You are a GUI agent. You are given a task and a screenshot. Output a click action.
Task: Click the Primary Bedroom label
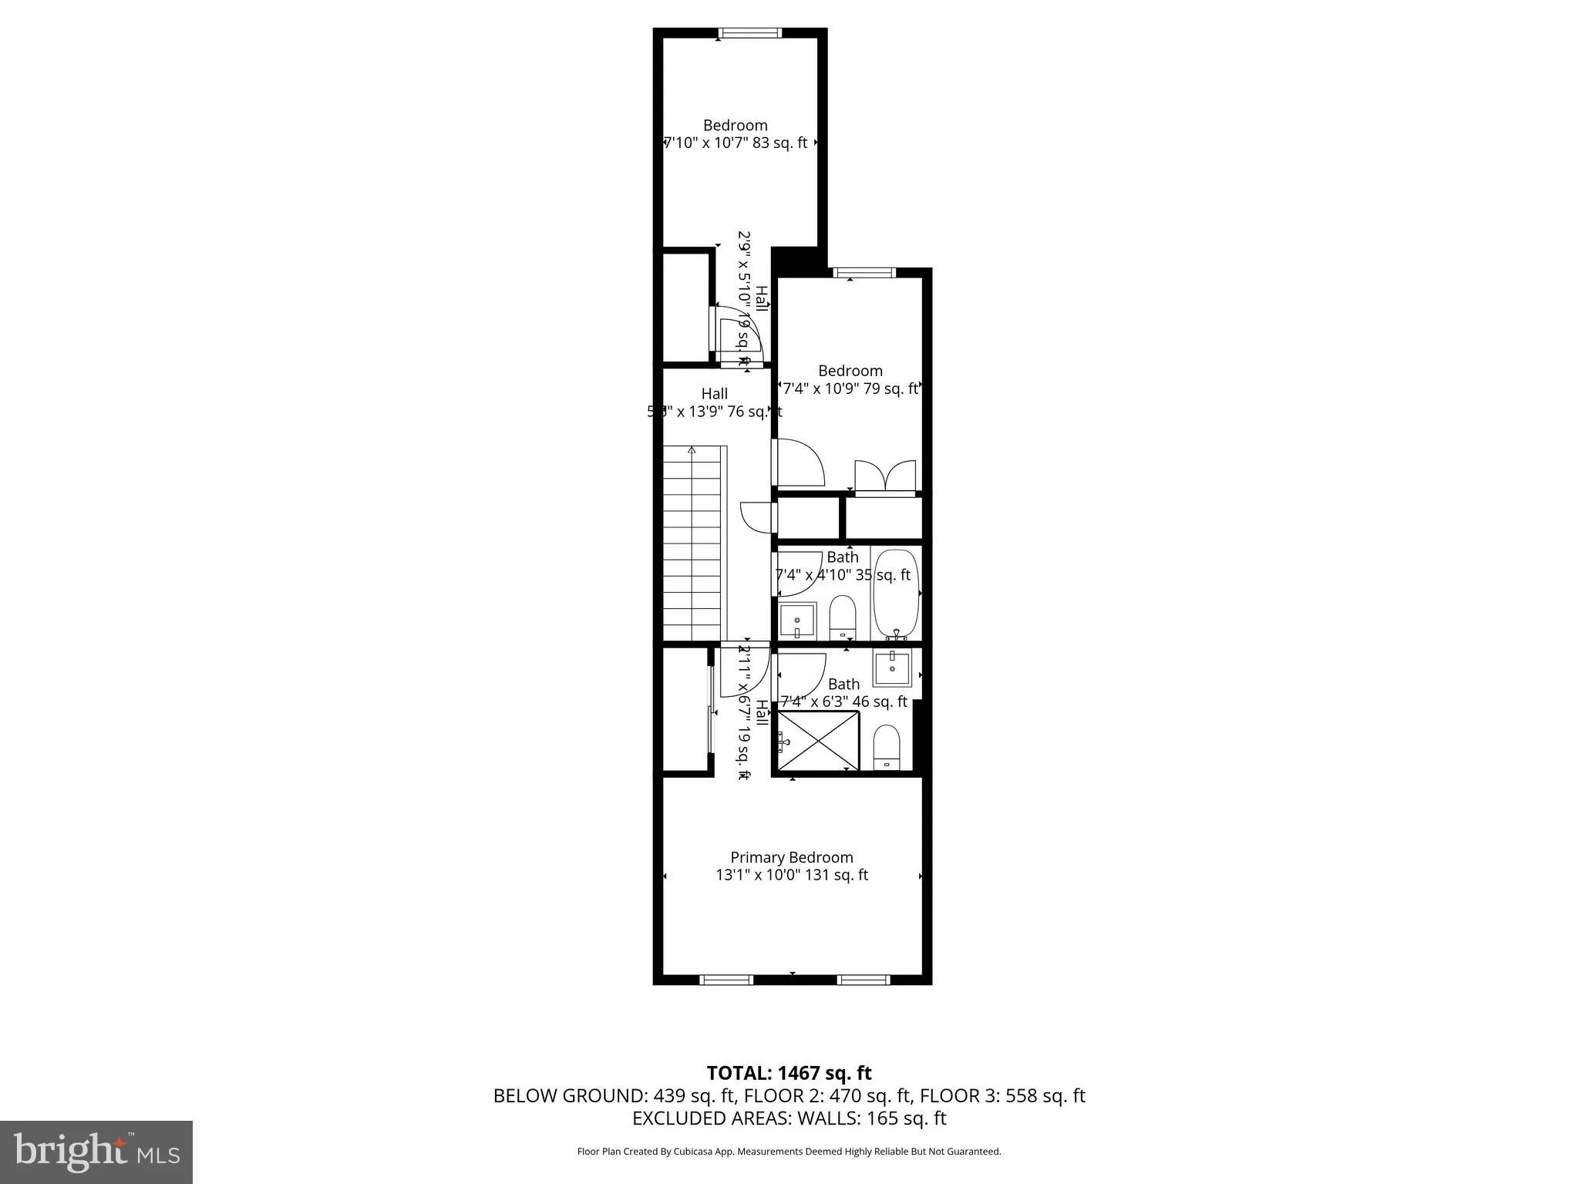[792, 857]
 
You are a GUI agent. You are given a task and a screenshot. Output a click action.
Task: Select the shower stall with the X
[818, 740]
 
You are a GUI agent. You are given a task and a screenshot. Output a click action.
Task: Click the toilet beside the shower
[887, 746]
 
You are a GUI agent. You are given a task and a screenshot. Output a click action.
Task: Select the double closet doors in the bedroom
[886, 476]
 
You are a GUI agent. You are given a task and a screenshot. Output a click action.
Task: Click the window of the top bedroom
[749, 33]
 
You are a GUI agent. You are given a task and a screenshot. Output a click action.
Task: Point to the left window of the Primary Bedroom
[726, 980]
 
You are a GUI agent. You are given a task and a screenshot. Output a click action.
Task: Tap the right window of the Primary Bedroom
[864, 980]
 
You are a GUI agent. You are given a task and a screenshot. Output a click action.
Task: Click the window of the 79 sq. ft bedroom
[864, 272]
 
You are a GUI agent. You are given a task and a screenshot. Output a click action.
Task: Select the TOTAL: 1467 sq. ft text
[789, 1073]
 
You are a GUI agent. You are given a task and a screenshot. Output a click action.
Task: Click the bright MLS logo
[96, 1152]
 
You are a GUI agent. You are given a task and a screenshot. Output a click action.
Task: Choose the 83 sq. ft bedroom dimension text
[736, 143]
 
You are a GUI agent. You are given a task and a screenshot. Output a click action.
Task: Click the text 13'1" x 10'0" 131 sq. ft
[792, 875]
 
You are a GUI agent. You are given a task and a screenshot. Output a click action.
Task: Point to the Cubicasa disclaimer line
[789, 1152]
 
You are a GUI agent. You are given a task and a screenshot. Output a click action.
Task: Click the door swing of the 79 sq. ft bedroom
[799, 462]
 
